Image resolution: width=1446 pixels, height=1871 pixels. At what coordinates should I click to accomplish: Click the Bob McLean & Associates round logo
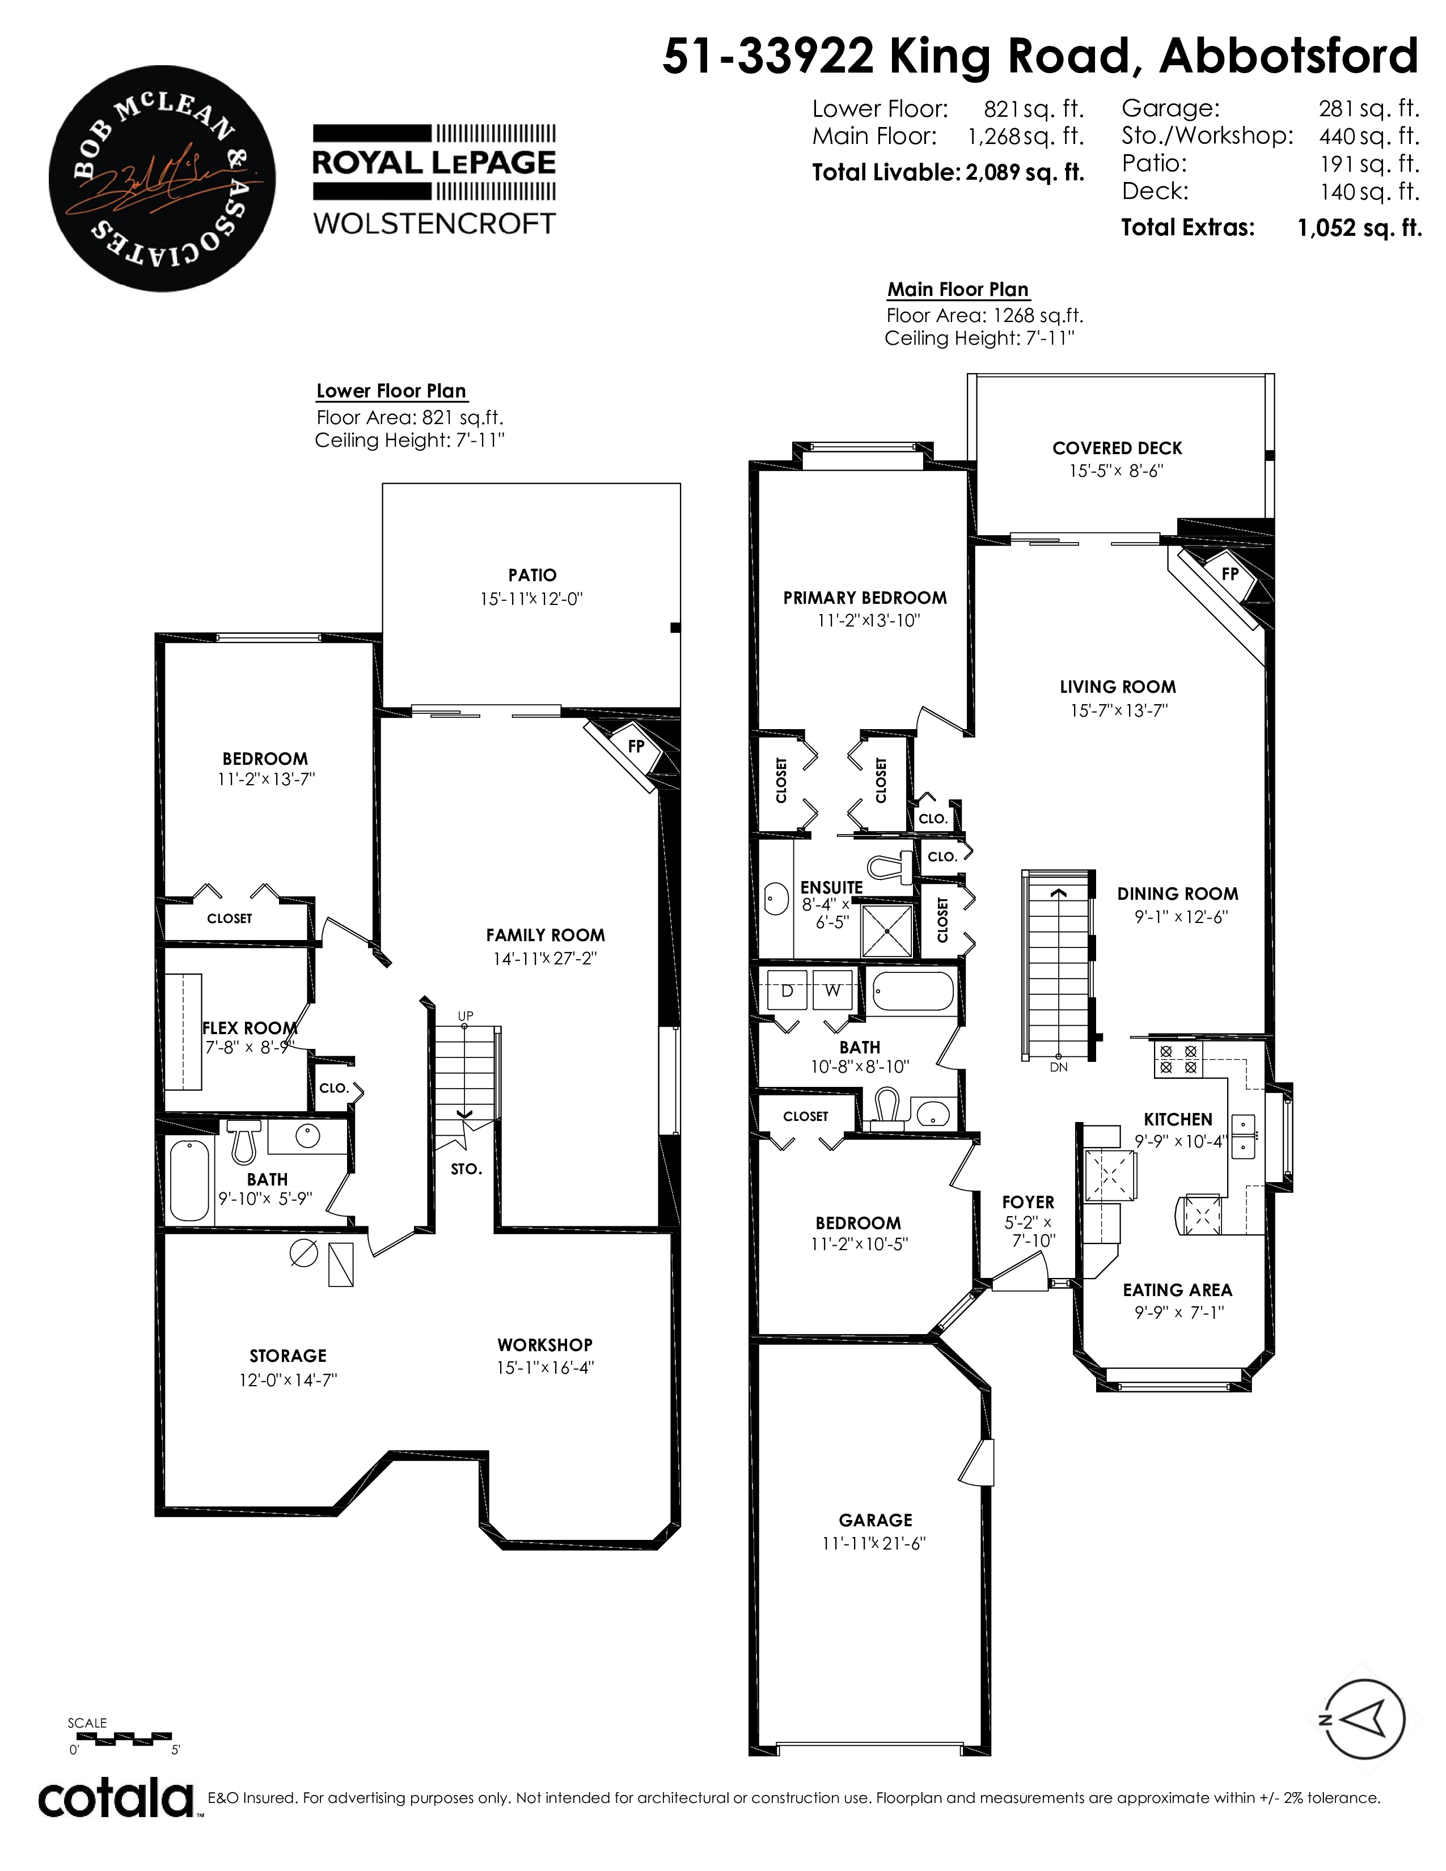(162, 178)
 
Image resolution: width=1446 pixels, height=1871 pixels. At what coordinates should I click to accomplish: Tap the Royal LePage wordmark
(434, 163)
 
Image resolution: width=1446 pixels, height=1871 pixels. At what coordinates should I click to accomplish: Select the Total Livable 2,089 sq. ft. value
(1025, 173)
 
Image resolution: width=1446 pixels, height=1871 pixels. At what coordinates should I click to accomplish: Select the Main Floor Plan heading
(958, 290)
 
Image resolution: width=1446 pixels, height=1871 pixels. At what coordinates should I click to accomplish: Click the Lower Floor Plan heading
(391, 392)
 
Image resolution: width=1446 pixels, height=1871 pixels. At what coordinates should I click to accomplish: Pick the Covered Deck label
(1117, 448)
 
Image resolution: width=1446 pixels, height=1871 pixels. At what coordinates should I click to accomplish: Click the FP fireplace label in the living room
(1230, 574)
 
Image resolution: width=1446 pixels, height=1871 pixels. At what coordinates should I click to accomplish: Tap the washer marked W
(832, 991)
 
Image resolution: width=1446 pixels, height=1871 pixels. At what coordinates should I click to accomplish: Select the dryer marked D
(787, 991)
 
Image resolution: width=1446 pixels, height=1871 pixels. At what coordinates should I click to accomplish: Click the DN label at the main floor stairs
(1059, 1068)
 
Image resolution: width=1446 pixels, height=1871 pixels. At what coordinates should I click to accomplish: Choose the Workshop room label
(545, 1345)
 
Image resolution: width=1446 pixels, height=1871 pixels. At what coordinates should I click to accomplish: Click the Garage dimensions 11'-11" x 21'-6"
(874, 1544)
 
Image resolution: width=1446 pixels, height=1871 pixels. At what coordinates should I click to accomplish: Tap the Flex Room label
(250, 1028)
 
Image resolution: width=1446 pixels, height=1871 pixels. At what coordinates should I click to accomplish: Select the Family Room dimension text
(545, 959)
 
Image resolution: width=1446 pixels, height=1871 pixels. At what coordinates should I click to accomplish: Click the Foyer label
(1028, 1203)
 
